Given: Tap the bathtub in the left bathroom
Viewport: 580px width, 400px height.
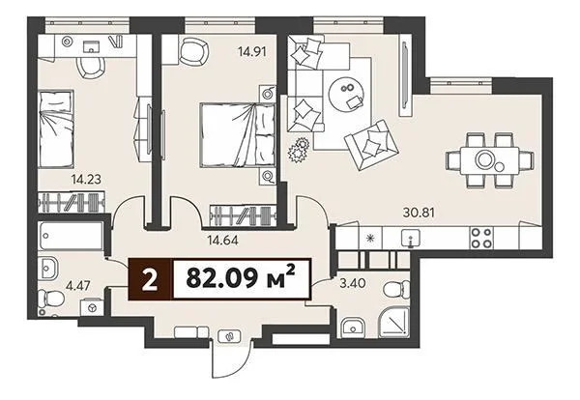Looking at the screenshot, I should coord(69,237).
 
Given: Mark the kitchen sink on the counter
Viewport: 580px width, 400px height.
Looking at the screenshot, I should coord(412,237).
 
